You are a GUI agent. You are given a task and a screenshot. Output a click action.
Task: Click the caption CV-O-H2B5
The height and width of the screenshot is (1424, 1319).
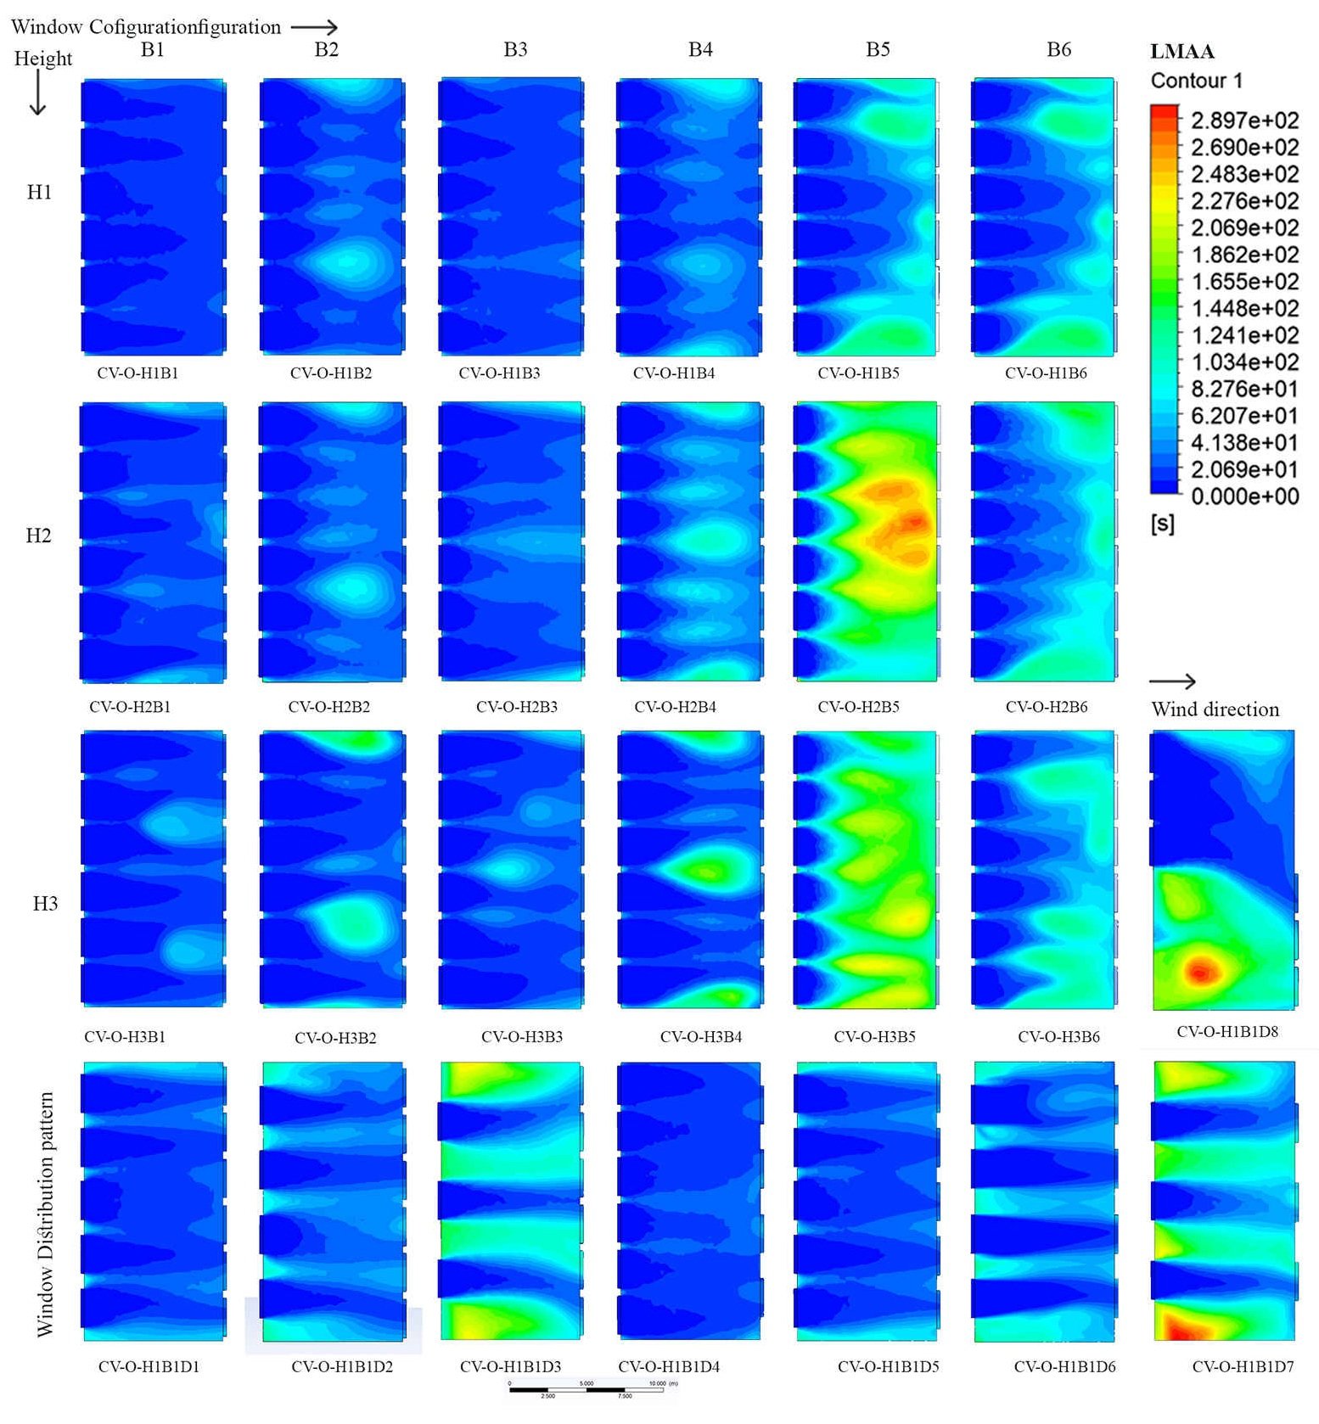click(x=858, y=706)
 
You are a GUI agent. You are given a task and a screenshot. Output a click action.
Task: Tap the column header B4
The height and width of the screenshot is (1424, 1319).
click(x=700, y=49)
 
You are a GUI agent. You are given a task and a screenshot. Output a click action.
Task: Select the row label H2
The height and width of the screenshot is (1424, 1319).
click(x=38, y=535)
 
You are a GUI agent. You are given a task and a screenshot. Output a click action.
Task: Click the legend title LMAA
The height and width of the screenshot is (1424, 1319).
click(x=1182, y=52)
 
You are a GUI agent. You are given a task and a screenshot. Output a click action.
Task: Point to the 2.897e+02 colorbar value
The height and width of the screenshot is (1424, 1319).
click(x=1244, y=121)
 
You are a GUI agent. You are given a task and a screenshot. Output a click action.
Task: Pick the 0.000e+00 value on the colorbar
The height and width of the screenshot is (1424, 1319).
click(x=1244, y=496)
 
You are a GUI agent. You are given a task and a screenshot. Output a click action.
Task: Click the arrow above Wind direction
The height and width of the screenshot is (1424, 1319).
click(x=1173, y=681)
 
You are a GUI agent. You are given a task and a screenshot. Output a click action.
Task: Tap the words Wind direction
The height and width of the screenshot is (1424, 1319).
click(x=1215, y=709)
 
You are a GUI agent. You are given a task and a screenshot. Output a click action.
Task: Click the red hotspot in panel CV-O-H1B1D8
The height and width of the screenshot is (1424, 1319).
click(x=1199, y=971)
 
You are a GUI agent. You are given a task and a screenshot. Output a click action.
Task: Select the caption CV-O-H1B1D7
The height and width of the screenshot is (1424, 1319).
click(x=1243, y=1366)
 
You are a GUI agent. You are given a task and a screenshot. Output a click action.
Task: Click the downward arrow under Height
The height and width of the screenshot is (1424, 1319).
click(x=37, y=96)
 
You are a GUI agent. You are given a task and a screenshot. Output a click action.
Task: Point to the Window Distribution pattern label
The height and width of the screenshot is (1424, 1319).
click(x=45, y=1214)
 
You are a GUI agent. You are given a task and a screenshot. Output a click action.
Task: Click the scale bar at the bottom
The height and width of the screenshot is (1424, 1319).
click(x=586, y=1389)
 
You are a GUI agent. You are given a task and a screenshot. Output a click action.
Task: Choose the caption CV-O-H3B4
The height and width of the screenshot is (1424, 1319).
click(x=700, y=1036)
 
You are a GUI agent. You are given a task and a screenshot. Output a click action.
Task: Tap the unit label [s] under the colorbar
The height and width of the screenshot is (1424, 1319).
click(x=1163, y=524)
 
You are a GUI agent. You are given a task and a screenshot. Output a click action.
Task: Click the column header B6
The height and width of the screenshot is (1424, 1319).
click(x=1058, y=49)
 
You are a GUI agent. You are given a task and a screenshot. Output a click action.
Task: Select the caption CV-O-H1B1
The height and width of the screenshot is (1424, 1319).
click(x=138, y=373)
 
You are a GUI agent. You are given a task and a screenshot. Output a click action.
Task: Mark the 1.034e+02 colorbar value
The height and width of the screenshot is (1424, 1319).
click(x=1244, y=362)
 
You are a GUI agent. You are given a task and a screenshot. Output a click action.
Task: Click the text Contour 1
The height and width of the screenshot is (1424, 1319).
click(x=1196, y=81)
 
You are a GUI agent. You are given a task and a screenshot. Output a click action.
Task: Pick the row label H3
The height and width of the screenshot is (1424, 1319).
click(x=45, y=903)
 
